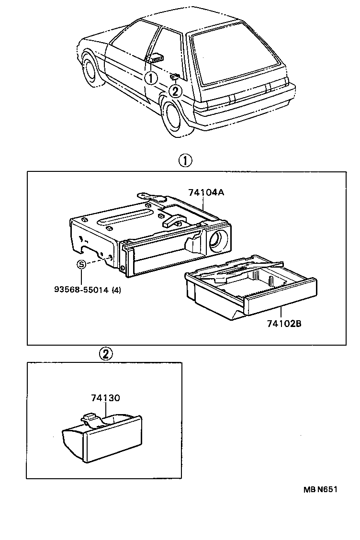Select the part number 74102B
coord(284,324)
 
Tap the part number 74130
coord(105,398)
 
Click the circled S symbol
coord(81,264)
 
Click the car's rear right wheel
coord(173,116)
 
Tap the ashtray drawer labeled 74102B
coord(249,292)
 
